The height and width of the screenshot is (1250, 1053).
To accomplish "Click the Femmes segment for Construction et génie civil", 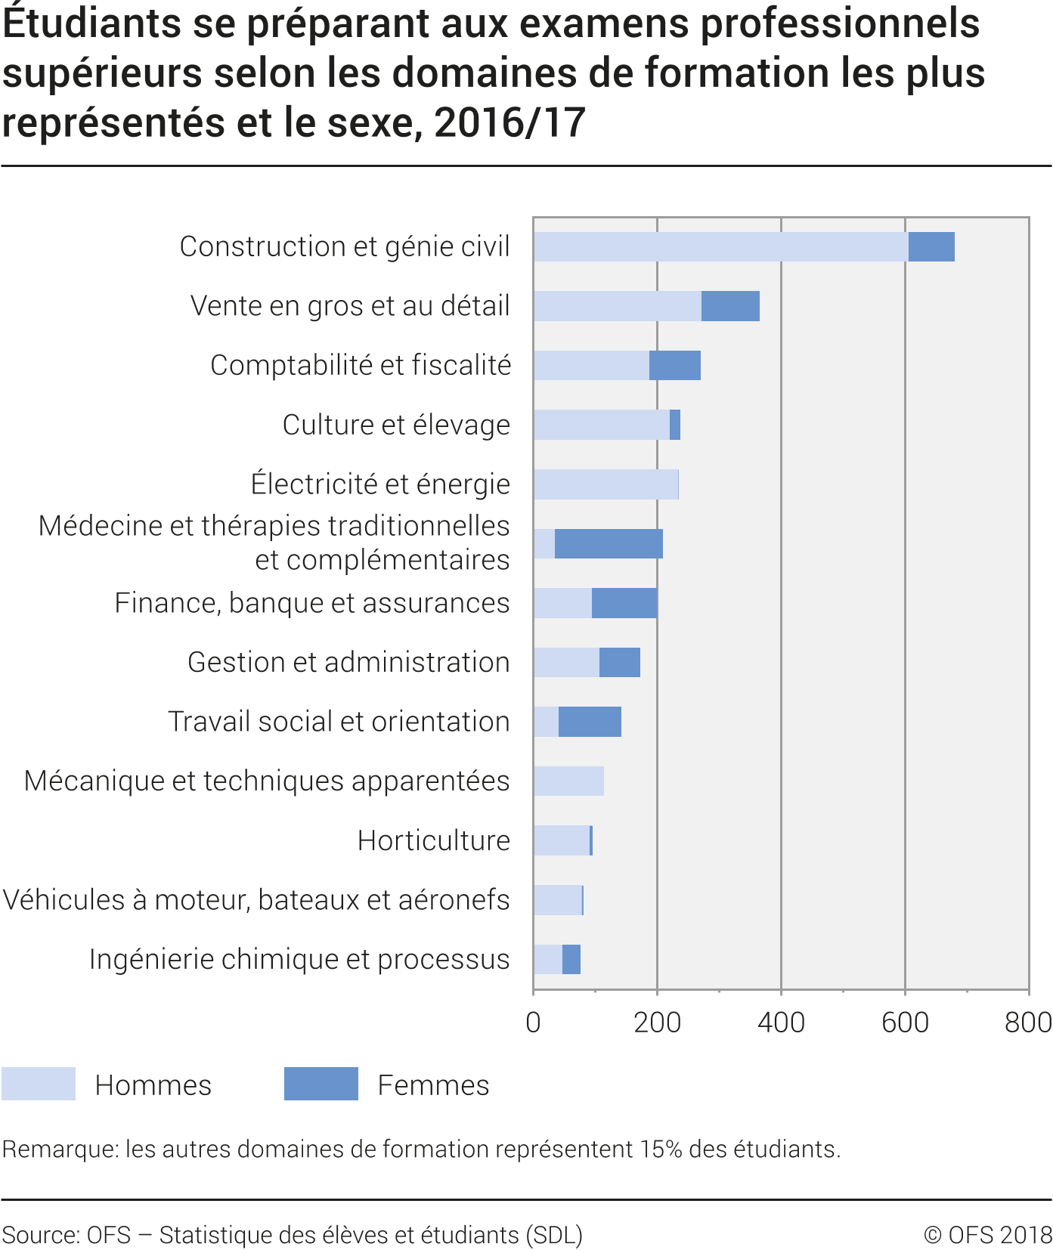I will (931, 247).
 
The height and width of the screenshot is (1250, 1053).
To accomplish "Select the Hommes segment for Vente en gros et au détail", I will (617, 306).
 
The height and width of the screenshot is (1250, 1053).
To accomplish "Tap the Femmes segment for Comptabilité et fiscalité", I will (674, 366).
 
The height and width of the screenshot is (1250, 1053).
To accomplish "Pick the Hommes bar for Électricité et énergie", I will (605, 484).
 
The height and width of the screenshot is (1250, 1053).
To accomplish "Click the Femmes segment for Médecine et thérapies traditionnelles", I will (609, 544).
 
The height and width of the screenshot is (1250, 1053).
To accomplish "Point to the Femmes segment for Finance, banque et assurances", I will (624, 603).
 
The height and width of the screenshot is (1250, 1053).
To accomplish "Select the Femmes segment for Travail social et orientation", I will (590, 722).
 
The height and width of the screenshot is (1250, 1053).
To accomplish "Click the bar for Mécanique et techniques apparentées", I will (568, 781).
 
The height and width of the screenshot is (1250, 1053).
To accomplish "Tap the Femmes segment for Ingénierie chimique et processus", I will (571, 960).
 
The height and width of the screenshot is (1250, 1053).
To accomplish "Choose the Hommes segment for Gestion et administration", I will (566, 663).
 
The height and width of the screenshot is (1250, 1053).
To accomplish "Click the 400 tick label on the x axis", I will (781, 1023).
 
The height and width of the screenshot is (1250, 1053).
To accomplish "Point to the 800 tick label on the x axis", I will (1028, 1023).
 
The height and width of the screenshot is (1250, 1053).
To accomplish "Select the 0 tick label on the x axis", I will (533, 1023).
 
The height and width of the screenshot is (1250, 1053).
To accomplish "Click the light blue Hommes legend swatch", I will (39, 1084).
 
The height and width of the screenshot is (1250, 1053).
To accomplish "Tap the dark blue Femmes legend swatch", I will (321, 1084).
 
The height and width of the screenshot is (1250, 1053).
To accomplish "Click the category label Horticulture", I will (433, 840).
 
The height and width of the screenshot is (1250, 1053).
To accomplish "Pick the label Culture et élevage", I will (396, 425).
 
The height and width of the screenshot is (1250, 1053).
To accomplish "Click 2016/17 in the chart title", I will (510, 122).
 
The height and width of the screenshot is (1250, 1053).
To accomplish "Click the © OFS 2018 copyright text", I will (987, 1234).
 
